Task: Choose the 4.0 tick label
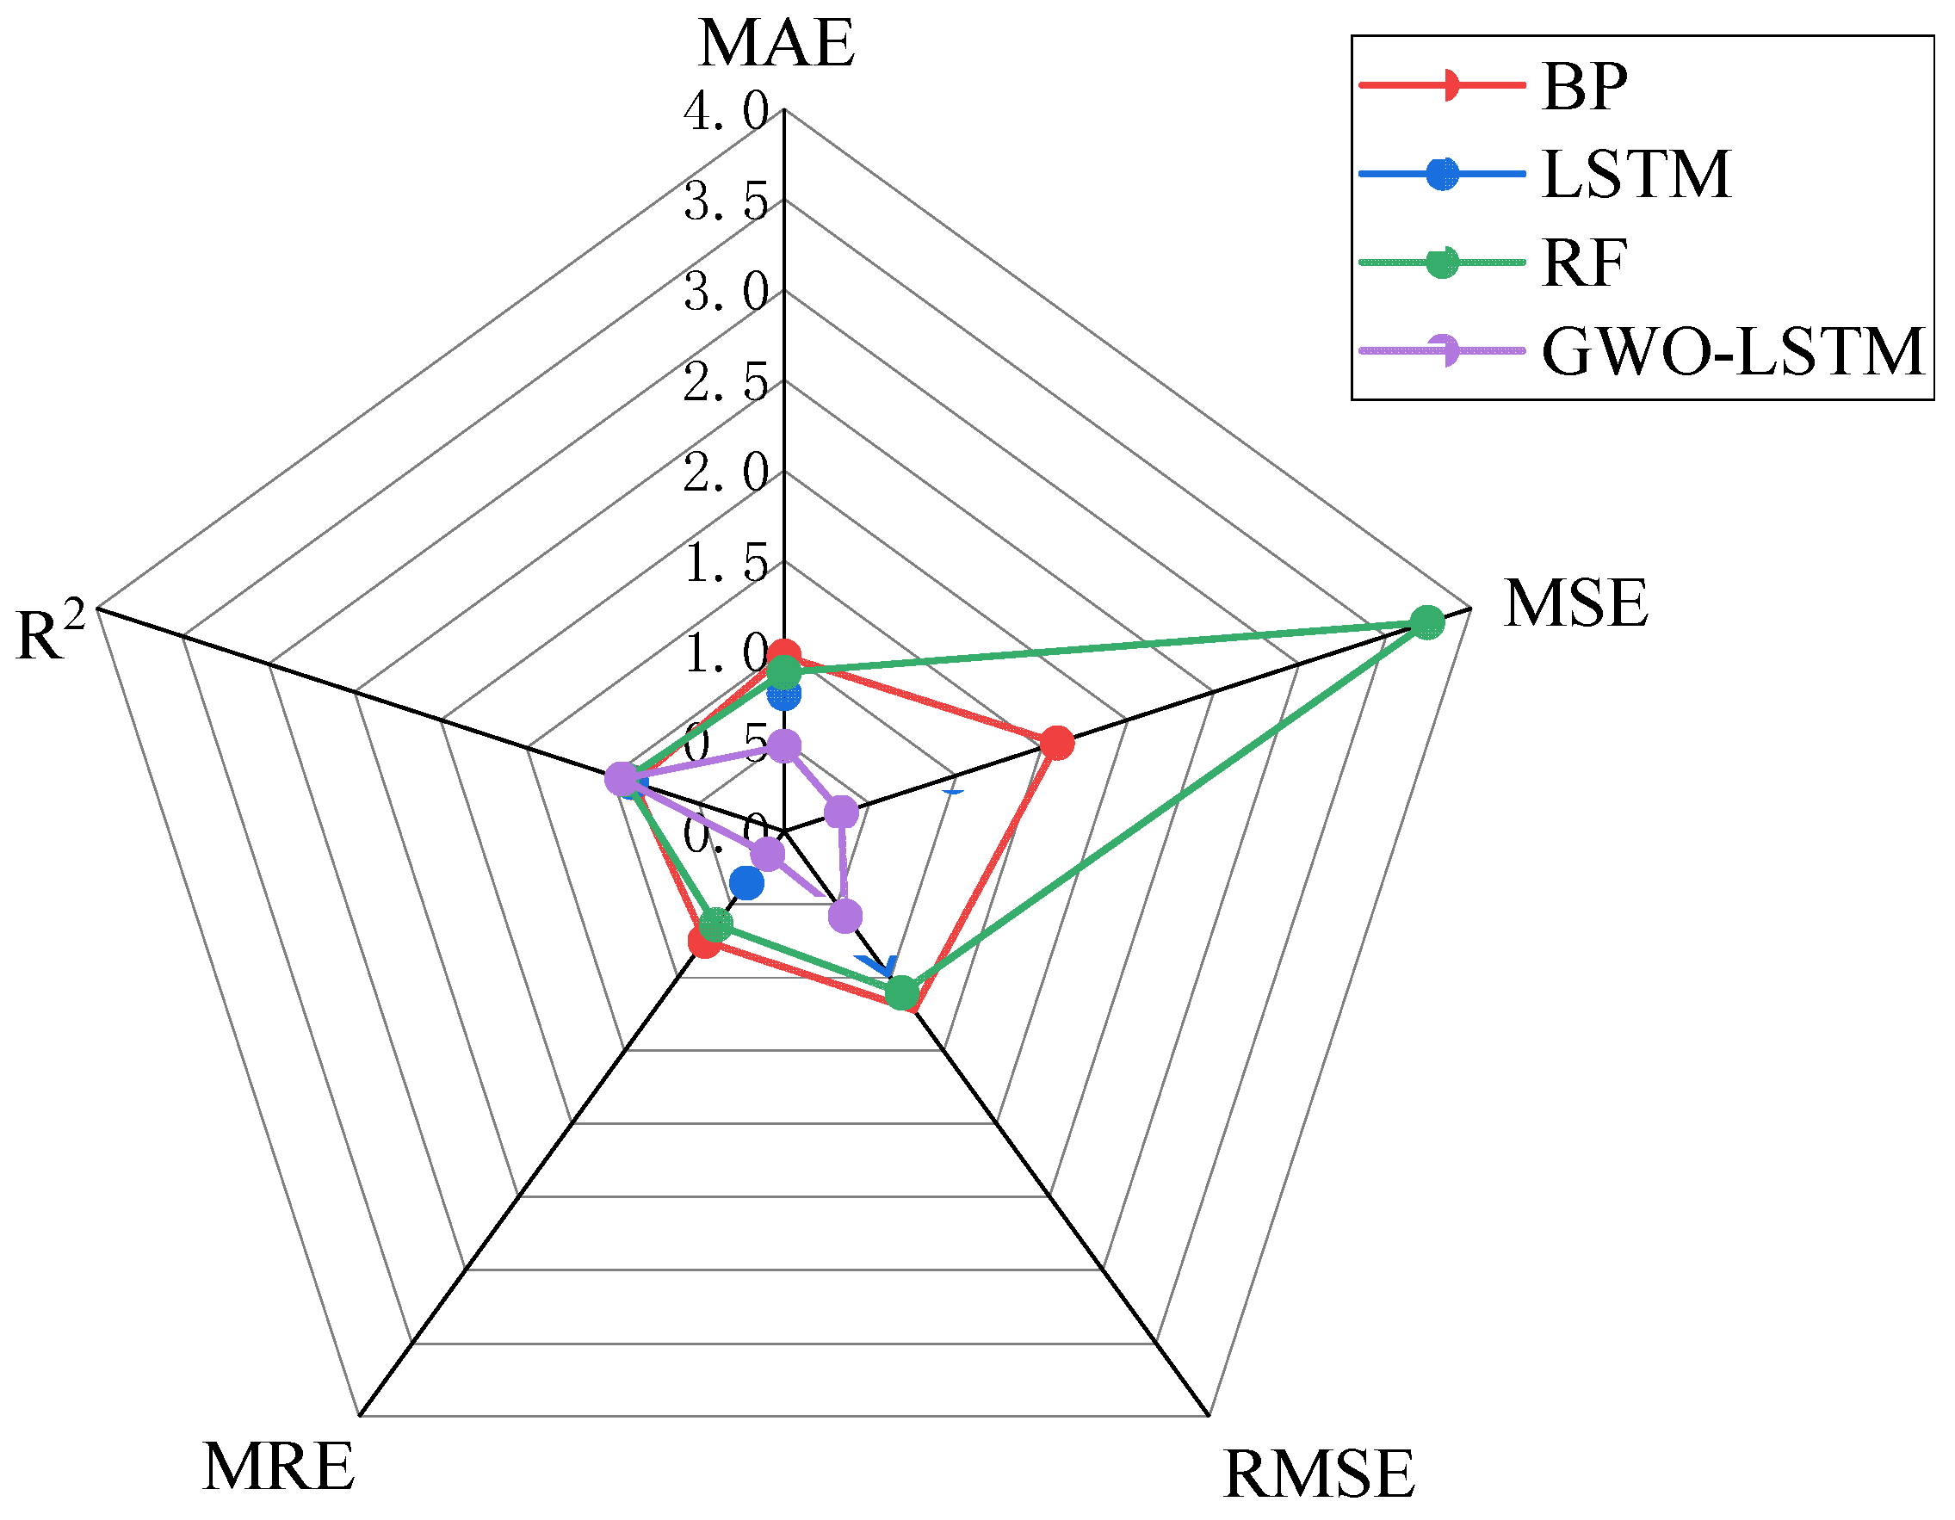[726, 112]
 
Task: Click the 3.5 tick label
[726, 202]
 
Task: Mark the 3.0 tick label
[726, 293]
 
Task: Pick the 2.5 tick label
[726, 383]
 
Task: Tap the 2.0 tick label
[726, 473]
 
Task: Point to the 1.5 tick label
[726, 563]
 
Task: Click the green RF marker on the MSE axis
[1426, 622]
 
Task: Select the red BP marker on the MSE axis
[1057, 743]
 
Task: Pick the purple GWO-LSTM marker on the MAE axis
[784, 745]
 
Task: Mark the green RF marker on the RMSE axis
[903, 992]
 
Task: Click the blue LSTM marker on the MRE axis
[745, 884]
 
